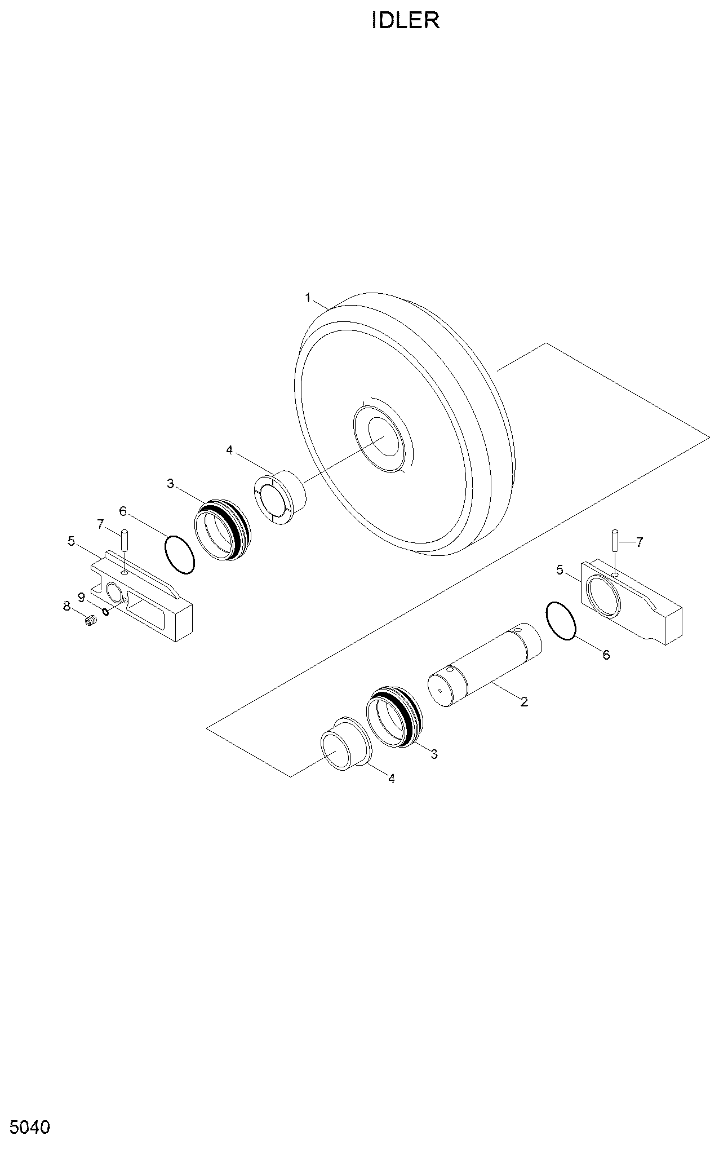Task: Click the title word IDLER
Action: (x=406, y=21)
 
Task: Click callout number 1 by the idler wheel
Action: (x=308, y=298)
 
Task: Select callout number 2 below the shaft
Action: (x=524, y=702)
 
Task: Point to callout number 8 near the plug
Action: (x=66, y=606)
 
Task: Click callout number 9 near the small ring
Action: (x=81, y=596)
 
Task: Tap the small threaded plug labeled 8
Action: (x=91, y=621)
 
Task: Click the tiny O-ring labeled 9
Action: (x=105, y=612)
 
